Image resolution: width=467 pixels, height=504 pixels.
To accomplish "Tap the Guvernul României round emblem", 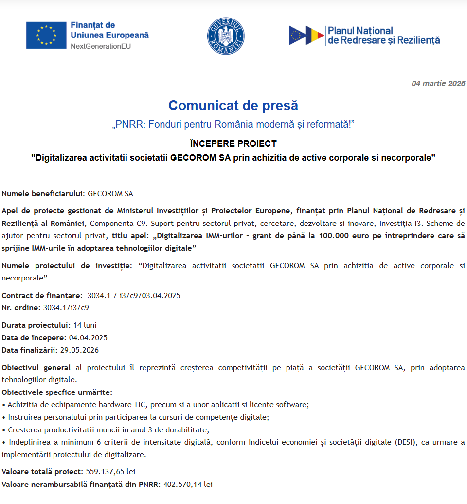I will (x=226, y=36).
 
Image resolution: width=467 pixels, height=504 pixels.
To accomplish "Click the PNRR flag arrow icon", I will (x=306, y=36).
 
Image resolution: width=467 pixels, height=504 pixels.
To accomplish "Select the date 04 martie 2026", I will (x=438, y=83).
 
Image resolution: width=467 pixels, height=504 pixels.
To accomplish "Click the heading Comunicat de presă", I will (x=233, y=105).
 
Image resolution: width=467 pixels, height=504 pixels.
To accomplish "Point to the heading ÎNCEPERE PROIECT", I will (x=233, y=144).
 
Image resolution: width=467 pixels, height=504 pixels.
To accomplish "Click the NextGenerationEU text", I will (x=101, y=46).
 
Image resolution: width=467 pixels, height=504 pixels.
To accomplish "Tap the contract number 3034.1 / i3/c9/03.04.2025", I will (x=134, y=296).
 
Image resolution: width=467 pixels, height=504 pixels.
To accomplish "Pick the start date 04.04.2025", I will (x=88, y=337).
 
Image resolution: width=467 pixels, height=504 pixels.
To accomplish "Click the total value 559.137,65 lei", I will (x=110, y=472).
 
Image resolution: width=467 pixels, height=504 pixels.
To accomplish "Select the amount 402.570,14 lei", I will (x=188, y=485).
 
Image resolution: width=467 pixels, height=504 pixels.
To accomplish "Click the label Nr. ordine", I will (x=21, y=308).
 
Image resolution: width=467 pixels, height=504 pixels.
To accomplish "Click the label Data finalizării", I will (x=30, y=350).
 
